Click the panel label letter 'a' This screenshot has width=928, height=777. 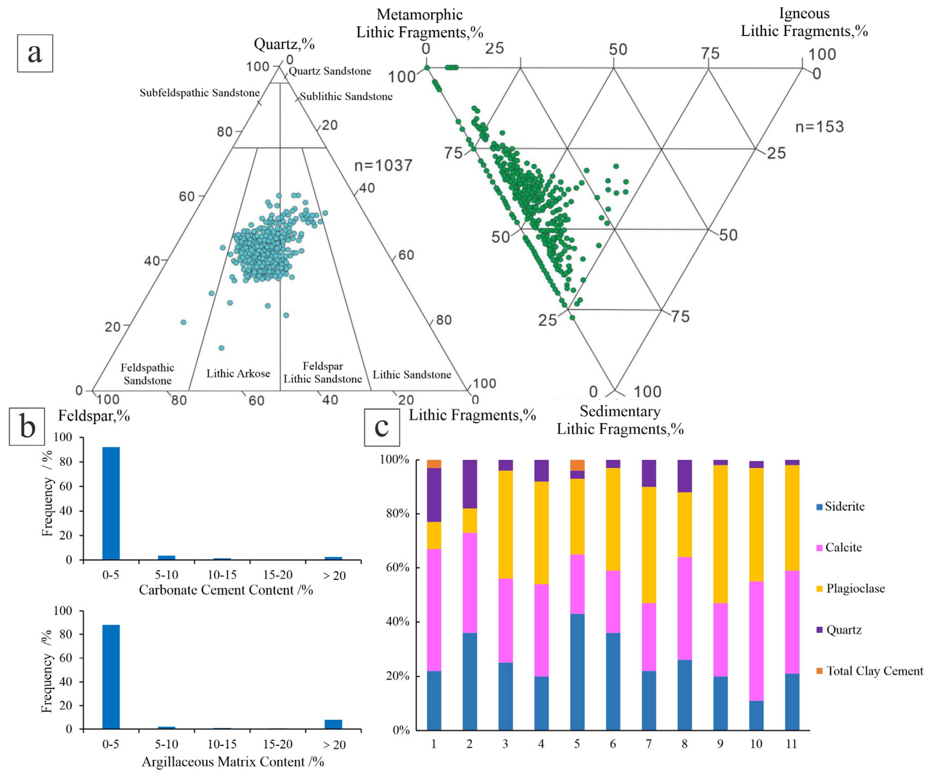(x=35, y=53)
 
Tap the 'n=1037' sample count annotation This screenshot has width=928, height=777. (x=383, y=166)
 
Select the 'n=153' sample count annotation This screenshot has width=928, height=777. (x=819, y=127)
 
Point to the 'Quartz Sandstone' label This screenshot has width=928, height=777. (x=330, y=71)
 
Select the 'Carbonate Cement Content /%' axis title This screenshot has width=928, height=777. (x=226, y=590)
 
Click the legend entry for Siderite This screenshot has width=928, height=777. (x=844, y=506)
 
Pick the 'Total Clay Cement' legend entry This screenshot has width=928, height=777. (x=874, y=671)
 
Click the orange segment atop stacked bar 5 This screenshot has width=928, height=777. (x=577, y=465)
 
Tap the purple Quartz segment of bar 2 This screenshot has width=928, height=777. (x=470, y=484)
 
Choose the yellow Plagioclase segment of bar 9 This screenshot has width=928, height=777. (x=720, y=534)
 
